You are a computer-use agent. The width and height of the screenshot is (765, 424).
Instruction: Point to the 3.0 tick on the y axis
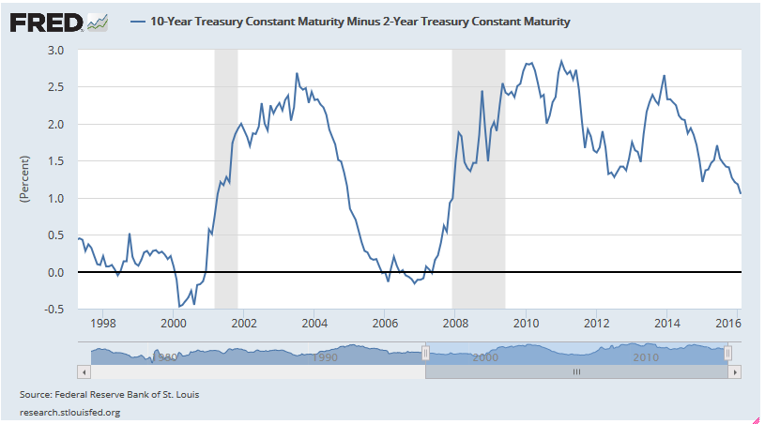(55, 50)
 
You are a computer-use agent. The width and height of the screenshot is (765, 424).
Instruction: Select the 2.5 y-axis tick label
(55, 87)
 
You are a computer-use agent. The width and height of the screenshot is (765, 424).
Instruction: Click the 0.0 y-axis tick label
(55, 273)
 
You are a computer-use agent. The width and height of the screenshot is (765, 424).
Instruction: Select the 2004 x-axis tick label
(314, 324)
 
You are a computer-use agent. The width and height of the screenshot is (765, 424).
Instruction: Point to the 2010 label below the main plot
(526, 324)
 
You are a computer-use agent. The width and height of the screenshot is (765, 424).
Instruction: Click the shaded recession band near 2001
(226, 178)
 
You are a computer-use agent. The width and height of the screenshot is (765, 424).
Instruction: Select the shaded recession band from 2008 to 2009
(479, 178)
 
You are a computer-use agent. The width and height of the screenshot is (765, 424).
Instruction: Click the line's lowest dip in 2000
(179, 306)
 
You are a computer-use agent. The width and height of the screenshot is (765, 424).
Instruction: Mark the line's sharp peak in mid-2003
(297, 73)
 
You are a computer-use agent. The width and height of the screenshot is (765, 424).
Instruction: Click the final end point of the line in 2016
(741, 193)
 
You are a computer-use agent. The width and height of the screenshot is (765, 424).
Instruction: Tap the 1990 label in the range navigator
(326, 358)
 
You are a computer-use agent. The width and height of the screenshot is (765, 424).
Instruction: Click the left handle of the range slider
(425, 353)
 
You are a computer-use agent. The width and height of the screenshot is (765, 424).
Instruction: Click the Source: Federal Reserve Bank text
(109, 395)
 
